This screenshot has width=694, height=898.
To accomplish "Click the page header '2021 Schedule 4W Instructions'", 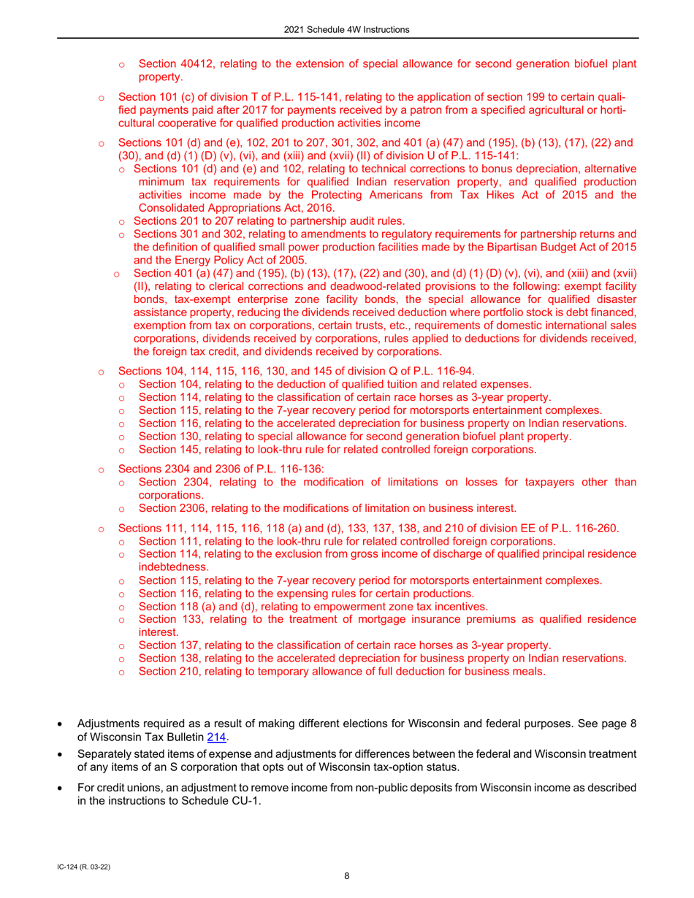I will coord(347,29).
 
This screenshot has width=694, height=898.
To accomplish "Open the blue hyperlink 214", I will coord(216,738).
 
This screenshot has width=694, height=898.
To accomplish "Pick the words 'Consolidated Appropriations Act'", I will coord(217,207).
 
